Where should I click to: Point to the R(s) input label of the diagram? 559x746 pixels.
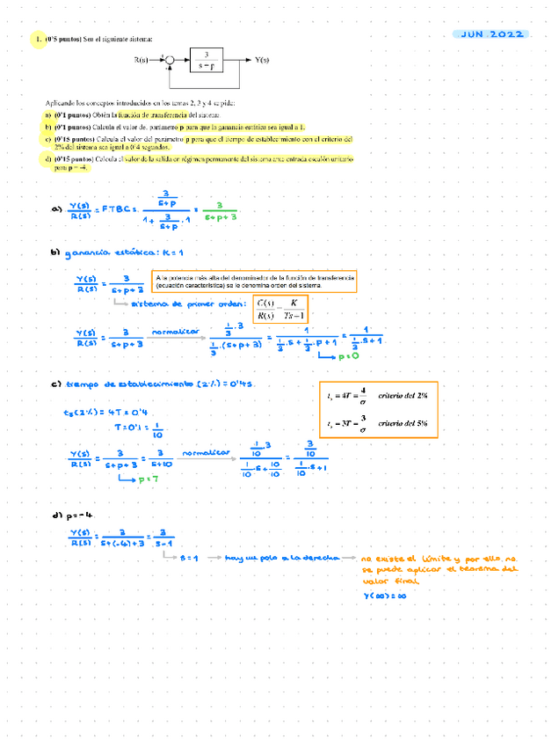[x=142, y=61]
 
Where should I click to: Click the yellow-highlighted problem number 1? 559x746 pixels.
[x=38, y=40]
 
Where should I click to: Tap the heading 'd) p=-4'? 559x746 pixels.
[x=73, y=516]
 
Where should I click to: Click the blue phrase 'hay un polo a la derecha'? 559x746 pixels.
[x=287, y=559]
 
